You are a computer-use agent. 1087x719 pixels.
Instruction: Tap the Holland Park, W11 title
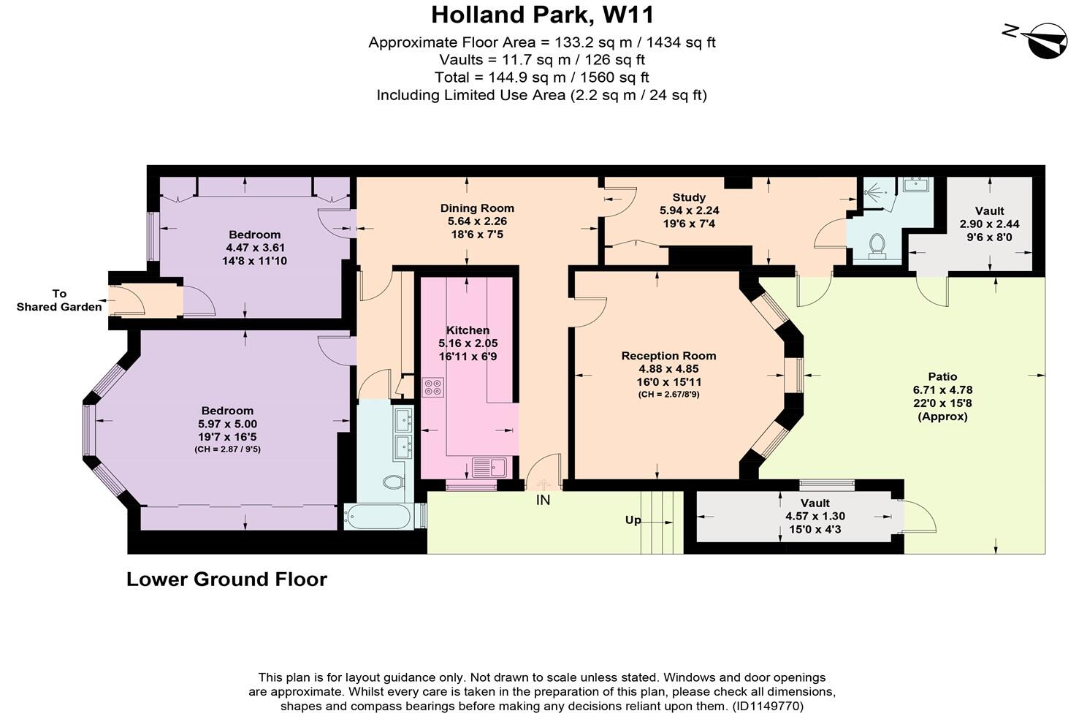(542, 15)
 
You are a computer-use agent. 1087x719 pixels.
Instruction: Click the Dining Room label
(477, 208)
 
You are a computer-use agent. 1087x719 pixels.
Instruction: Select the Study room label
(689, 197)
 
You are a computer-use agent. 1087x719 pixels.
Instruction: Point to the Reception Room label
(668, 356)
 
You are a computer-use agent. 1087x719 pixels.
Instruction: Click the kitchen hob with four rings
(432, 387)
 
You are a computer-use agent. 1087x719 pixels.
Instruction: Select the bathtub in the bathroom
(378, 517)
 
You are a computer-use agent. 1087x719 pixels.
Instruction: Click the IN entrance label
(543, 501)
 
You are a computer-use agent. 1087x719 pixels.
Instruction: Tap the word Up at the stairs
(633, 520)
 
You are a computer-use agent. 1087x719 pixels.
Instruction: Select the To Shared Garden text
(59, 300)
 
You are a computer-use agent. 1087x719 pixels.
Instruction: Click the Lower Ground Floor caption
(226, 579)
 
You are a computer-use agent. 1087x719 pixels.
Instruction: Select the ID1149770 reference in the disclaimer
(767, 707)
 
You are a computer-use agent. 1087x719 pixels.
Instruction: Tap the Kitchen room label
(468, 330)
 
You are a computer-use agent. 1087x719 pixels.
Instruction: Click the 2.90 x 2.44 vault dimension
(989, 224)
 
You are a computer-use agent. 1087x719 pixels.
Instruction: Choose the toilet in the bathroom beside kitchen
(393, 482)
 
